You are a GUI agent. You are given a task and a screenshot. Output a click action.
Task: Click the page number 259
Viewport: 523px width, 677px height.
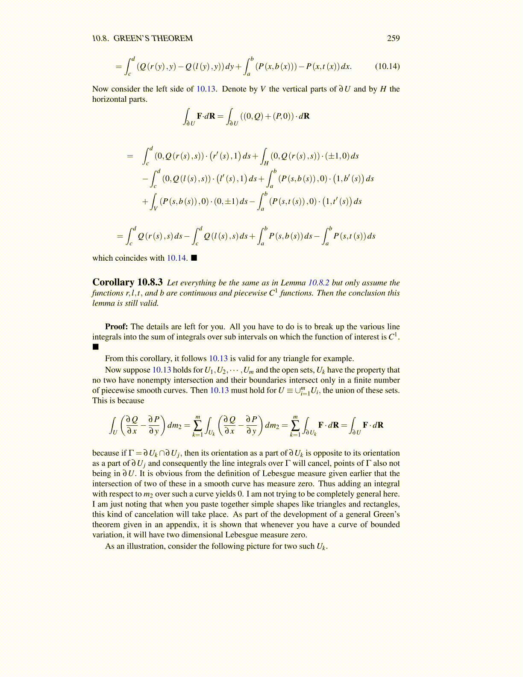click(393, 38)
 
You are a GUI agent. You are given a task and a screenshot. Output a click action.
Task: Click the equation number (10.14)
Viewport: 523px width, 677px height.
click(387, 66)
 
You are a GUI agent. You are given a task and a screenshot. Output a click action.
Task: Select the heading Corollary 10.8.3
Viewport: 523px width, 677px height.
click(127, 282)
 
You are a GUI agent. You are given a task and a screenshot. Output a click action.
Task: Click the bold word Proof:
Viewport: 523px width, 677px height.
click(116, 327)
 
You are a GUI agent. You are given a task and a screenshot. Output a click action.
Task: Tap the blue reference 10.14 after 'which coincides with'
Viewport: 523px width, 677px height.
click(176, 258)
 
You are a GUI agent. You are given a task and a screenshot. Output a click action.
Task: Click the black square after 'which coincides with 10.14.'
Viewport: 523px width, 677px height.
click(194, 258)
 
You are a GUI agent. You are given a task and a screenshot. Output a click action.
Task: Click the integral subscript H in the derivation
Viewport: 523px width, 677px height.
click(266, 163)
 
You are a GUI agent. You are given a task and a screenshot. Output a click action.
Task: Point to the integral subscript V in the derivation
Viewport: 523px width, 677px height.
click(155, 208)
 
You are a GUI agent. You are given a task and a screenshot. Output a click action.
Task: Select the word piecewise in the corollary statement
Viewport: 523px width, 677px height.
click(251, 293)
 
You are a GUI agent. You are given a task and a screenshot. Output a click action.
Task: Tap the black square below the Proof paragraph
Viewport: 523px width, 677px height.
click(95, 347)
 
